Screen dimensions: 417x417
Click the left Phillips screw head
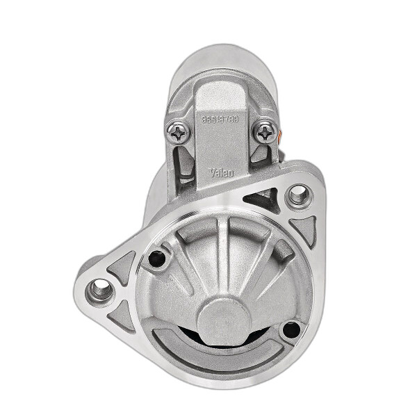(179, 132)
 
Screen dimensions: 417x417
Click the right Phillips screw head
(264, 131)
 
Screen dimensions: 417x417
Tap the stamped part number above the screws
(221, 120)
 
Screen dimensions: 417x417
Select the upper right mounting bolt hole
(300, 195)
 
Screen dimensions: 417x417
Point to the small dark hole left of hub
(157, 259)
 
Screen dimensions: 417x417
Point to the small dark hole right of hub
(292, 329)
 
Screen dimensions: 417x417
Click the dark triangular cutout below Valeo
(264, 200)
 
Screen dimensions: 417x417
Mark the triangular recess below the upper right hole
(304, 229)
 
